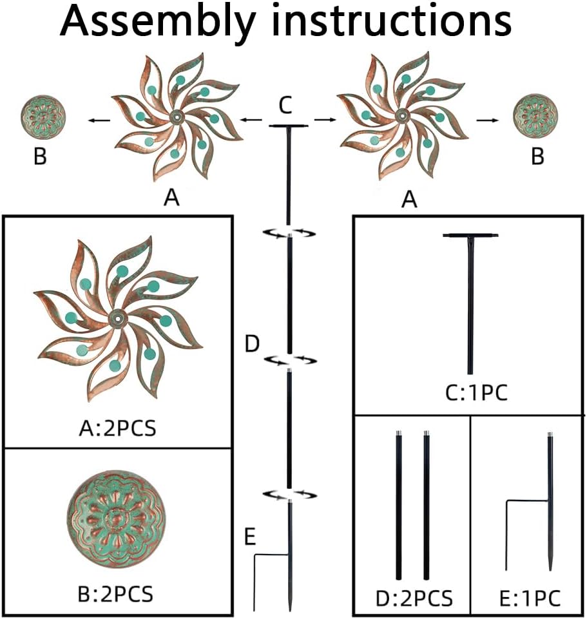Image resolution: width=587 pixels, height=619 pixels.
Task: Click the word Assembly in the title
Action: coord(157,23)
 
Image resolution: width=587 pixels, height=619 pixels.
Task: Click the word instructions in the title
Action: coord(390,22)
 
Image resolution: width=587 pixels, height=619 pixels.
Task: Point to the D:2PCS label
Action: coord(414,598)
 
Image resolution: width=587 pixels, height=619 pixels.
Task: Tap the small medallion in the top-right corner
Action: coord(535,118)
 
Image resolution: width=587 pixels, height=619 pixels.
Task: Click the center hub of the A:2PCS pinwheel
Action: coord(117,317)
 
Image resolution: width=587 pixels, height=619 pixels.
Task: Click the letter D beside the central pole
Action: coord(252,344)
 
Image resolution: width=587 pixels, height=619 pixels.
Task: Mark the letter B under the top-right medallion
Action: coord(537,157)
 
